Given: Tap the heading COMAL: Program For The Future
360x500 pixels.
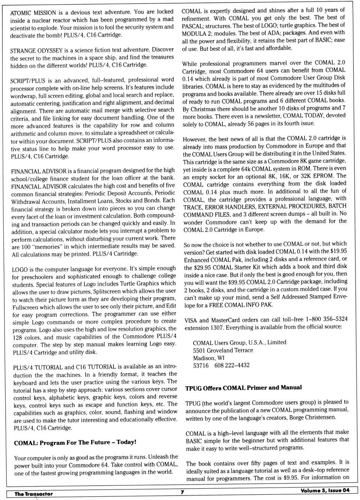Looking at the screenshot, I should pyautogui.click(x=75, y=443).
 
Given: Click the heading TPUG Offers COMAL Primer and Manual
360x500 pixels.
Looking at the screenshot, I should pyautogui.click(x=243, y=388).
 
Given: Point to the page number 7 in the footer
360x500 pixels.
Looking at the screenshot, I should pyautogui.click(x=182, y=492).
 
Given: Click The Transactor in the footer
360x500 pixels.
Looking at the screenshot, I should pyautogui.click(x=34, y=494).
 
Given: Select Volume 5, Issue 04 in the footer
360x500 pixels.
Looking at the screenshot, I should pyautogui.click(x=325, y=491).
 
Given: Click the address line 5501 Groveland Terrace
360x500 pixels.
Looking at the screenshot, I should pyautogui.click(x=223, y=350).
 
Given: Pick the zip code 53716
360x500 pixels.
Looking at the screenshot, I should pyautogui.click(x=201, y=365).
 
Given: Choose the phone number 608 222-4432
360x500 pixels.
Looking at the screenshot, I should pyautogui.click(x=232, y=365).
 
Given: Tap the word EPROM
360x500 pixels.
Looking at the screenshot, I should pyautogui.click(x=324, y=176).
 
